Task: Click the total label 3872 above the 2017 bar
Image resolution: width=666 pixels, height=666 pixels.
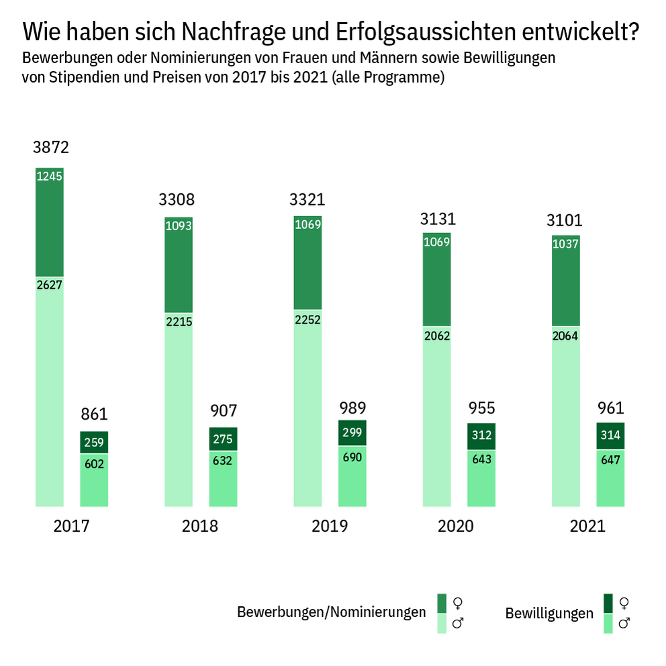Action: click(51, 148)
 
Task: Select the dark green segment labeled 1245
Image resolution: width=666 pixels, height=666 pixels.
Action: click(50, 222)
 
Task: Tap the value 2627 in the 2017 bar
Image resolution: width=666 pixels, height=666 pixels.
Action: click(50, 285)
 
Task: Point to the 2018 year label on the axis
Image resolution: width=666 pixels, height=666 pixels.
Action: click(200, 526)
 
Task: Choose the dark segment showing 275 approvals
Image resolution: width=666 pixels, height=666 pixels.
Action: click(224, 439)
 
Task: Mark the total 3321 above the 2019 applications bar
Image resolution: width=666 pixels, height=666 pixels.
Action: click(307, 199)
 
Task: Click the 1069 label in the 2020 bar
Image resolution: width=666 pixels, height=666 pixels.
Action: click(437, 242)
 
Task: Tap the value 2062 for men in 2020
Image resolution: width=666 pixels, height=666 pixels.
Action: click(437, 336)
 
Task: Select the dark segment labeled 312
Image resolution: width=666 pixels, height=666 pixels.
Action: click(481, 436)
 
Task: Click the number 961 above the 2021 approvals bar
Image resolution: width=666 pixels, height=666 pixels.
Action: click(610, 408)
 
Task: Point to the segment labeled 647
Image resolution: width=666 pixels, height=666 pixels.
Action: click(610, 477)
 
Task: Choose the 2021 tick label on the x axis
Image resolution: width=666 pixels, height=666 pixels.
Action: click(587, 526)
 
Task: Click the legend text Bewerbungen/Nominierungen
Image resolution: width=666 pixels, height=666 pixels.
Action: click(331, 612)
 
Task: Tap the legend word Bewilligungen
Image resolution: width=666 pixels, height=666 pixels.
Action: click(549, 614)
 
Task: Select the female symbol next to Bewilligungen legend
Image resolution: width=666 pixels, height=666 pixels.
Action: click(624, 602)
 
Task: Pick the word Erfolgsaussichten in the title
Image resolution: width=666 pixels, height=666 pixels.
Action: click(417, 32)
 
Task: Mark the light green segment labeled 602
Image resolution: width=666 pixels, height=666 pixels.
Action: click(94, 480)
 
